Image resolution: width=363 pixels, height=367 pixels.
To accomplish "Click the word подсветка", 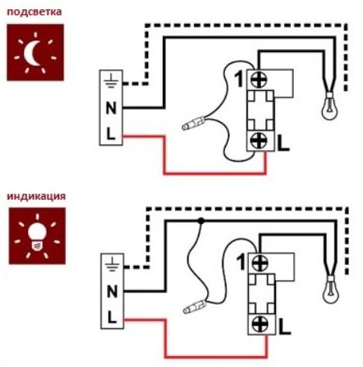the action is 34,12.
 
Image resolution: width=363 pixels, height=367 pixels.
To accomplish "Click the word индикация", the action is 36,196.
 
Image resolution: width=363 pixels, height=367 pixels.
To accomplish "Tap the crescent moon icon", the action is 32,53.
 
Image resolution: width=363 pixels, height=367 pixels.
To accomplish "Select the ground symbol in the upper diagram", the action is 111,81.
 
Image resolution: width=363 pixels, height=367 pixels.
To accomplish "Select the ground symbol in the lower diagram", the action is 112,264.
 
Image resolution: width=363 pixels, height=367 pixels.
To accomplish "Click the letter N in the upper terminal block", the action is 111,108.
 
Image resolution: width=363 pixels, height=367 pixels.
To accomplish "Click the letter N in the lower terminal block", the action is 112,292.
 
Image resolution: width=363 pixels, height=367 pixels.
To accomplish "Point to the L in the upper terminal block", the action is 111,134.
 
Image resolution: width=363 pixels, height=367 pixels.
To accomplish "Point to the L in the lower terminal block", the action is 112,317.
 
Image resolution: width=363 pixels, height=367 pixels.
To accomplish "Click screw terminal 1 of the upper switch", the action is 260,79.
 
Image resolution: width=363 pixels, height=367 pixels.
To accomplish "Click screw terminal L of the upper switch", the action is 260,140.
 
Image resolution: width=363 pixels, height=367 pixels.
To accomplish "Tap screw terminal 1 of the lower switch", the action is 261,263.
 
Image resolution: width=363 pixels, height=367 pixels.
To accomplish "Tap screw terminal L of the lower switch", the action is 261,324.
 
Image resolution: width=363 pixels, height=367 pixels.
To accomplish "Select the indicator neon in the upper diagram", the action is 193,123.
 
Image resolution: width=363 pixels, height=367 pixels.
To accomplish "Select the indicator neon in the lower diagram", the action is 195,306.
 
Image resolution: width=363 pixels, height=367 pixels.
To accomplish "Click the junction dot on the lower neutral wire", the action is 201,221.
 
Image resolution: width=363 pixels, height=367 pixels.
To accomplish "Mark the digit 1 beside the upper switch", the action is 240,79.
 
